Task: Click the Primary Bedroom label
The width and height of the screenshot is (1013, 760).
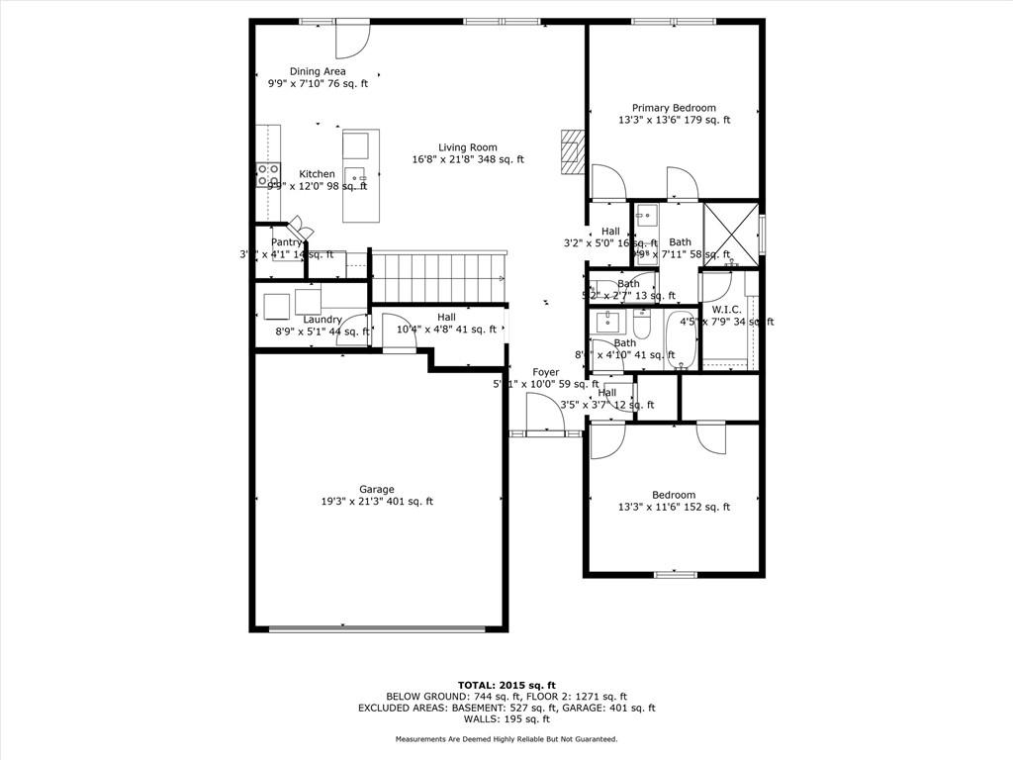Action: click(x=674, y=108)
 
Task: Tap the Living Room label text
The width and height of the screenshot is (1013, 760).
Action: click(x=467, y=147)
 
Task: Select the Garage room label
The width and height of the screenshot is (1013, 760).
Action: click(x=376, y=489)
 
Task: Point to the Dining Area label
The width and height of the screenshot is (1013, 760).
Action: click(x=318, y=71)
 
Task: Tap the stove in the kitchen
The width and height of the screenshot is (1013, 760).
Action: click(x=268, y=175)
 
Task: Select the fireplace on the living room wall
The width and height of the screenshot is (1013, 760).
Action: click(x=572, y=151)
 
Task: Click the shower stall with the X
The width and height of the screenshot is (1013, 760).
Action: click(x=730, y=234)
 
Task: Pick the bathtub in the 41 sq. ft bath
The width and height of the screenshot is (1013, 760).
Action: click(x=681, y=339)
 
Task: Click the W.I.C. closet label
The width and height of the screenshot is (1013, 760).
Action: click(x=725, y=310)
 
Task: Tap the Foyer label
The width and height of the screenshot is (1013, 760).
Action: click(x=545, y=372)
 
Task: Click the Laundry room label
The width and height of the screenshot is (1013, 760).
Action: click(x=322, y=320)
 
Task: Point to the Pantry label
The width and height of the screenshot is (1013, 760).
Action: click(x=286, y=242)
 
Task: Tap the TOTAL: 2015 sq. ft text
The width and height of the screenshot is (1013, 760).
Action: click(x=506, y=685)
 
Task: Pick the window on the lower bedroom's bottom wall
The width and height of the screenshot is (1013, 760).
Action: click(x=676, y=573)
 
